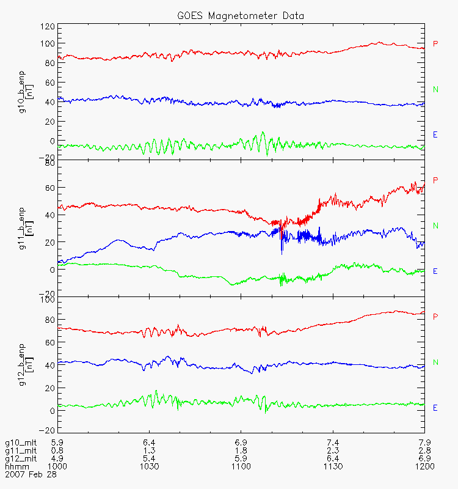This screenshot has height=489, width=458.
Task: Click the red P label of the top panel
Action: pyautogui.click(x=435, y=43)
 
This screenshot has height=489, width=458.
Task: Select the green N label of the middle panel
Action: pyautogui.click(x=435, y=226)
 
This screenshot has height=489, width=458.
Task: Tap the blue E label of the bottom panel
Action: pyautogui.click(x=435, y=408)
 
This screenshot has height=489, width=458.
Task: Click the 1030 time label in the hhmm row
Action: pyautogui.click(x=150, y=466)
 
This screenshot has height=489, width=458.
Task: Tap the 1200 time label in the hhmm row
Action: pyautogui.click(x=424, y=466)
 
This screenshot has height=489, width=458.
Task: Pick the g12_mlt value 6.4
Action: pyautogui.click(x=333, y=458)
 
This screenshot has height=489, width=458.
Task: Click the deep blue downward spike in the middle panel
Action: pyautogui.click(x=282, y=249)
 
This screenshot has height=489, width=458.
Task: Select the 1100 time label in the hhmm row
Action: pyautogui.click(x=241, y=466)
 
